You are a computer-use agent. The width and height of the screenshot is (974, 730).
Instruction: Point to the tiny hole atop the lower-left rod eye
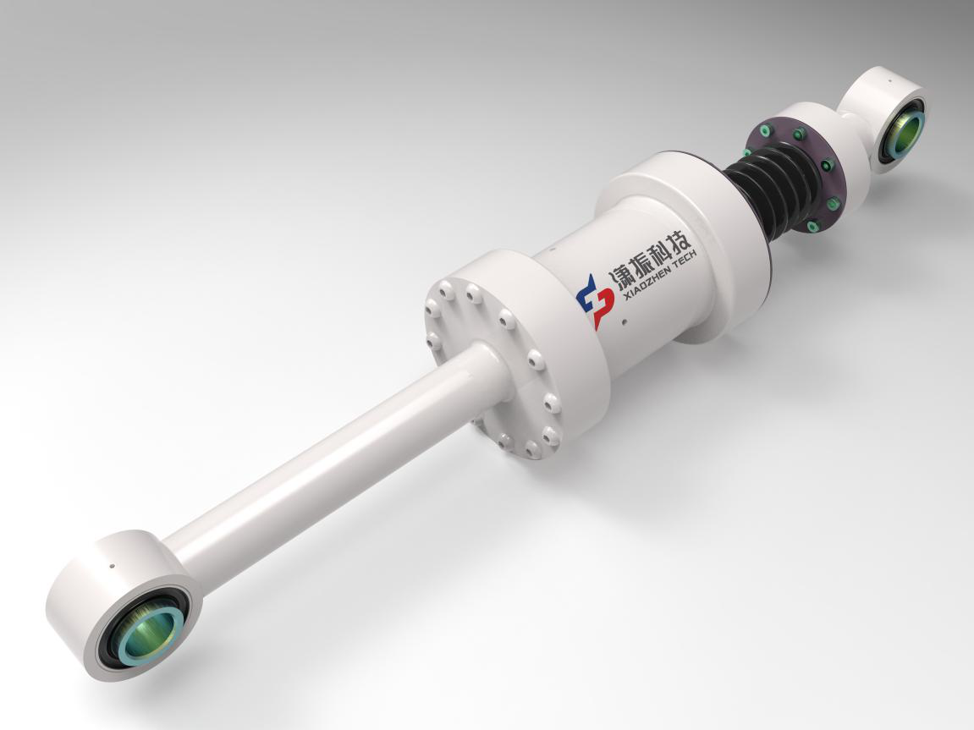click(111, 565)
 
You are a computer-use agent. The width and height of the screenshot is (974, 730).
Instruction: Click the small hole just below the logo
click(624, 321)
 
